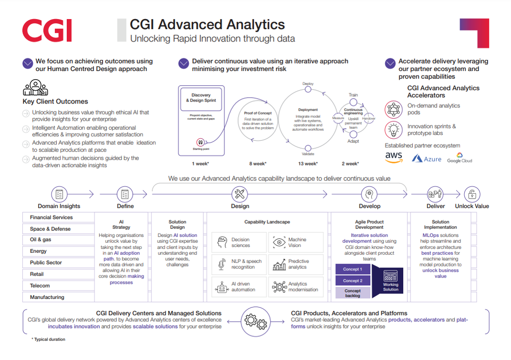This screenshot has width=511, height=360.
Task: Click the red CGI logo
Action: point(47,31)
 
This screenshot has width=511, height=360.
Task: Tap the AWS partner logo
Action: point(394,157)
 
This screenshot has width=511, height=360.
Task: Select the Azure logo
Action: point(427,158)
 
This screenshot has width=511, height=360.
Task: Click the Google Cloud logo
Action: point(459,158)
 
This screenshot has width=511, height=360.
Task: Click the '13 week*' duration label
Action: point(308,164)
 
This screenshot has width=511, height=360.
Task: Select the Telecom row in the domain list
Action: point(56,286)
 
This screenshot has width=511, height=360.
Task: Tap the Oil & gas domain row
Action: point(56,240)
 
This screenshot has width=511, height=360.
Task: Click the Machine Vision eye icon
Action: point(279,242)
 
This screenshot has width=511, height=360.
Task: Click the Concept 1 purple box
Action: point(353,269)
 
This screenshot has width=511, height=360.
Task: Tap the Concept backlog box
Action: point(353,293)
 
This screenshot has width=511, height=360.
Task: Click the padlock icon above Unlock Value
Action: point(471,194)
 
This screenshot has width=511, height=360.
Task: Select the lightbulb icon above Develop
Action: point(369,194)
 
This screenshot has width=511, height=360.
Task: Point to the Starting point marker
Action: point(200,143)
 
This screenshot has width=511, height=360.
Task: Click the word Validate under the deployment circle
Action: point(308,154)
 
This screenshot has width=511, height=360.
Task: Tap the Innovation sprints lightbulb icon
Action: point(394,130)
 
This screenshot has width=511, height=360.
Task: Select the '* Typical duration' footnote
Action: point(48,339)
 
